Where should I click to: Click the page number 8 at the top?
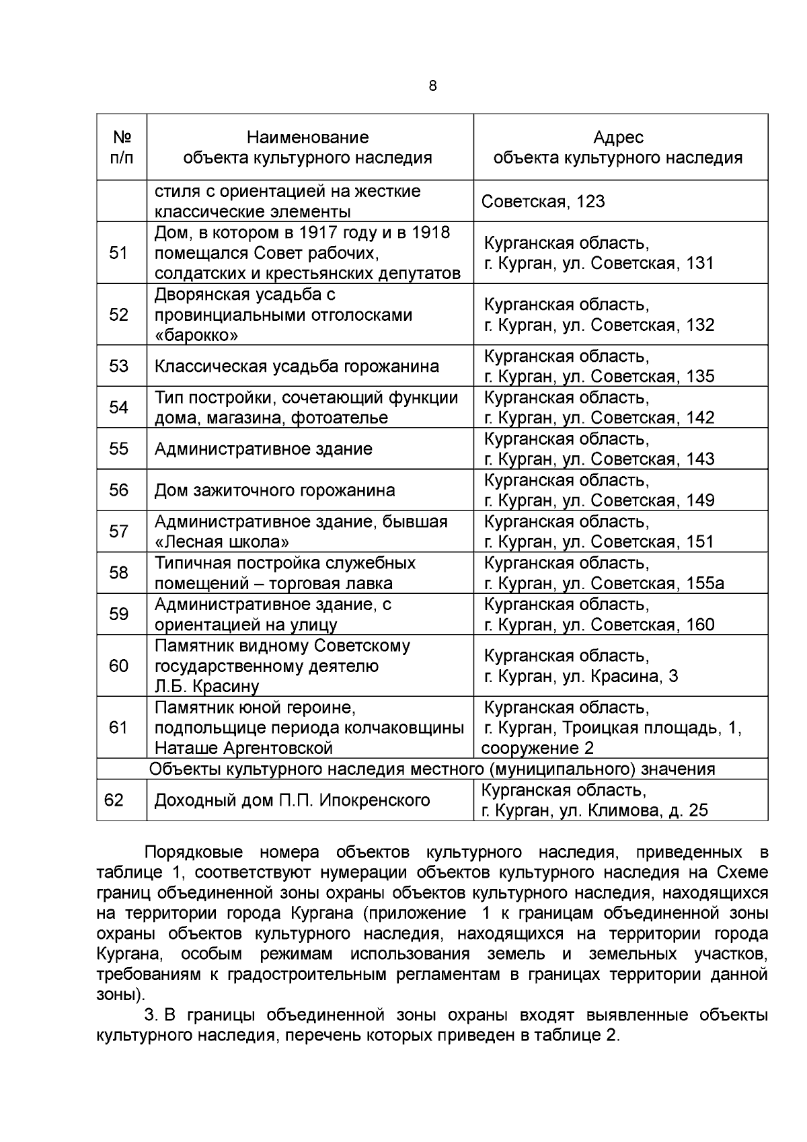[x=432, y=86]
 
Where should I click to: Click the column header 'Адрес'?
[x=618, y=137]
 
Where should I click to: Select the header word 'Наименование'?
[x=308, y=137]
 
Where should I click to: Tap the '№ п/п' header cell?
[x=122, y=147]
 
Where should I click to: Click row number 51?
[x=118, y=253]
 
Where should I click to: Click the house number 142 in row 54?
[x=700, y=418]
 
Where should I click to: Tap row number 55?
[x=118, y=449]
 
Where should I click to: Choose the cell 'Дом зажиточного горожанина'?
[x=275, y=490]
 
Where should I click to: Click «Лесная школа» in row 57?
[x=223, y=542]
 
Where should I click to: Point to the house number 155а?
[x=705, y=583]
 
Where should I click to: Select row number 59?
[x=118, y=614]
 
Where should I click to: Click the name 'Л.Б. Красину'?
[x=207, y=687]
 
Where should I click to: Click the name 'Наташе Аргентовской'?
[x=244, y=748]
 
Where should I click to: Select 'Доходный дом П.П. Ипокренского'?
[x=293, y=800]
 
